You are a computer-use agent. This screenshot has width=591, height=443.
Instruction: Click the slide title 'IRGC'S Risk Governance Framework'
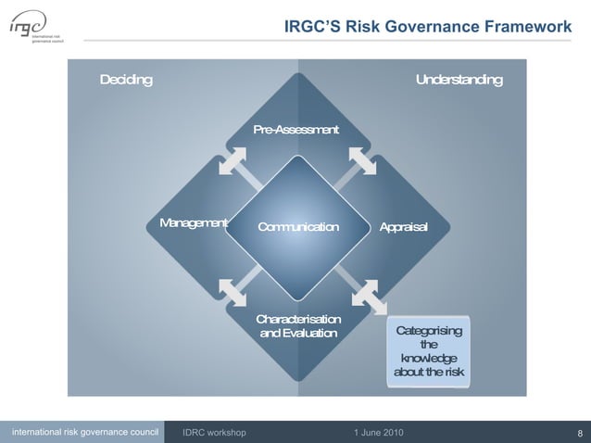pyautogui.click(x=427, y=27)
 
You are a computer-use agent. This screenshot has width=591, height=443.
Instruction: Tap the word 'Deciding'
pyautogui.click(x=126, y=80)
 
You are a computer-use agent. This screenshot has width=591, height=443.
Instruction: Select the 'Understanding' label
pyautogui.click(x=459, y=80)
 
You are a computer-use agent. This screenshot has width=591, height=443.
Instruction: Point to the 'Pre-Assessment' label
pyautogui.click(x=295, y=130)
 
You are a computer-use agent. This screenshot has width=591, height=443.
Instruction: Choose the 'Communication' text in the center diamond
pyautogui.click(x=297, y=227)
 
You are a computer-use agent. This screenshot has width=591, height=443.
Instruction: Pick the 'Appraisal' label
pyautogui.click(x=403, y=227)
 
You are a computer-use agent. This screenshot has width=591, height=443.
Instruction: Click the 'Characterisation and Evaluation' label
pyautogui.click(x=298, y=326)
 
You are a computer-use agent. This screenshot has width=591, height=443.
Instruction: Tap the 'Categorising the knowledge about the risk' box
pyautogui.click(x=429, y=351)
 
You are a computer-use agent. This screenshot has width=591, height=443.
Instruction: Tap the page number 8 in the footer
pyautogui.click(x=579, y=433)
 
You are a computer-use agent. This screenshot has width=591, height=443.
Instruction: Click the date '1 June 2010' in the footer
pyautogui.click(x=378, y=433)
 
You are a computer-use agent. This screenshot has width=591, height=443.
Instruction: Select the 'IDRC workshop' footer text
pyautogui.click(x=214, y=433)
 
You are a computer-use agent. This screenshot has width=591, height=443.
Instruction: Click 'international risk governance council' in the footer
pyautogui.click(x=84, y=432)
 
